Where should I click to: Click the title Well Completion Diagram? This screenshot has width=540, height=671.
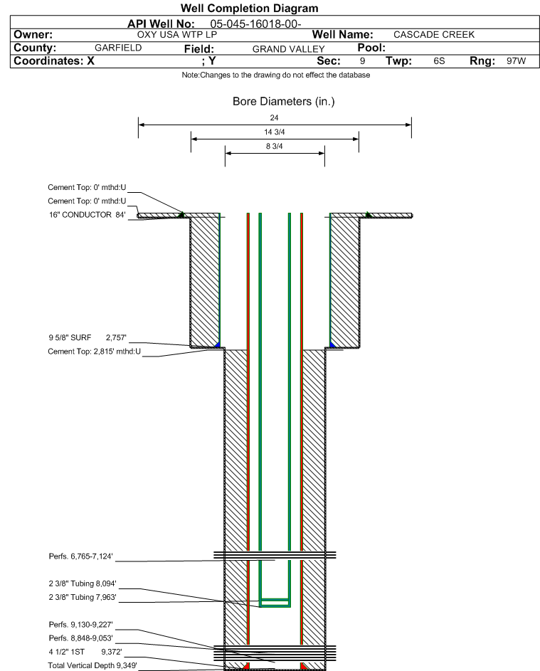click(x=250, y=8)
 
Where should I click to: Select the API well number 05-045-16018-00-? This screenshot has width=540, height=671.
click(x=255, y=24)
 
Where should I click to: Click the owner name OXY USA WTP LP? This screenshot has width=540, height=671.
click(x=177, y=35)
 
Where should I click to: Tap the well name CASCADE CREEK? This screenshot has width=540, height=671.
click(x=434, y=35)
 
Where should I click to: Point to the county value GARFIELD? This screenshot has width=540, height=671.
click(x=118, y=48)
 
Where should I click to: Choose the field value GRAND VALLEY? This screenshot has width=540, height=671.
click(x=288, y=49)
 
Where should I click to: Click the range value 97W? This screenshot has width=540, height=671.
click(x=516, y=60)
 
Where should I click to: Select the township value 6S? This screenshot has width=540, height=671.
click(x=439, y=60)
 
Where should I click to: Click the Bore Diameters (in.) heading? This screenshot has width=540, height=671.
click(x=283, y=102)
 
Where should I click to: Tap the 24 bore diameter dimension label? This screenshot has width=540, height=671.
click(x=275, y=117)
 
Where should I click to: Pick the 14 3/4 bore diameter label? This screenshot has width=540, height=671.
click(x=275, y=132)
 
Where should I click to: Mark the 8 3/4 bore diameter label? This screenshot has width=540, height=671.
click(x=275, y=147)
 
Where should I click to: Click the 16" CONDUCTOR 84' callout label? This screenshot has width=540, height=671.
click(x=87, y=215)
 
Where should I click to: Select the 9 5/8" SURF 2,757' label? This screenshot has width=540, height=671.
click(x=88, y=338)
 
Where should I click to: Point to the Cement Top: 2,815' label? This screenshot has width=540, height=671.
click(x=94, y=352)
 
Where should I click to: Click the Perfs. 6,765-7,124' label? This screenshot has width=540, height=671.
click(x=80, y=556)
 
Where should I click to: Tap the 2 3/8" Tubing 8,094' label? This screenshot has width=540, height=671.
click(x=82, y=583)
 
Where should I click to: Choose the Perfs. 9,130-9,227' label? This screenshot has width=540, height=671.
click(x=80, y=625)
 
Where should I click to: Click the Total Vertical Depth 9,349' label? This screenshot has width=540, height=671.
click(x=92, y=665)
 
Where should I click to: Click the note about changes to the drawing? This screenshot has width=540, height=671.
click(x=275, y=75)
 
